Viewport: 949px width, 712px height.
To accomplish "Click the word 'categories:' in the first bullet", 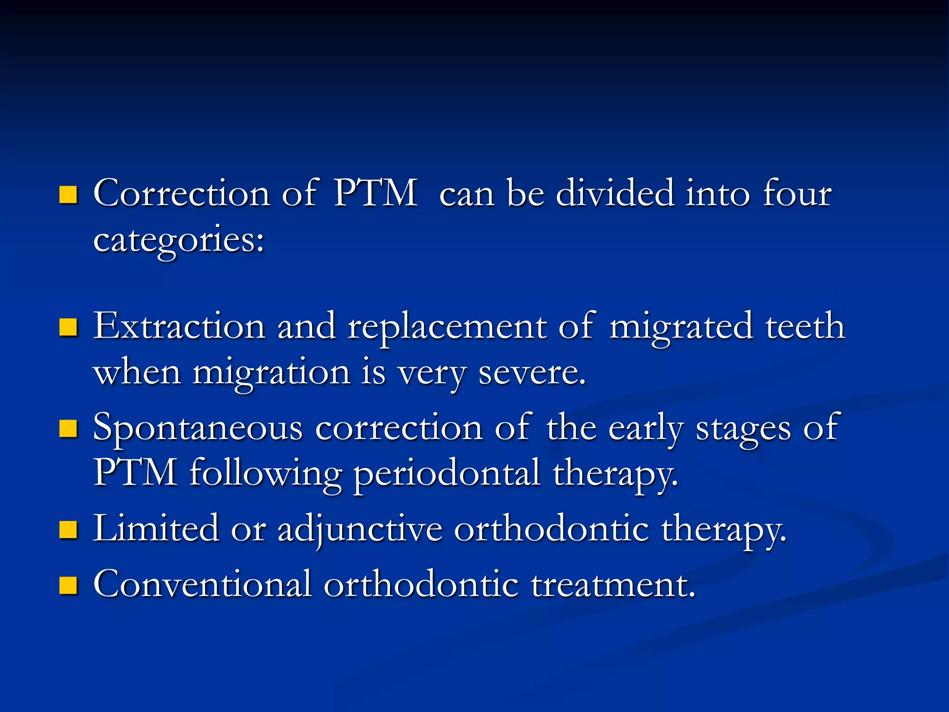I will tap(179, 240).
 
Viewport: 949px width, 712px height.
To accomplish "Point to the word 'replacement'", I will tap(447, 327).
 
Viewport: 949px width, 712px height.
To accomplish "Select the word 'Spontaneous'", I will tap(198, 428).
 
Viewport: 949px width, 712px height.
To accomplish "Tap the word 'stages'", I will tap(743, 428).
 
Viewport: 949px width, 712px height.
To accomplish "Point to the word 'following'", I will tap(266, 474).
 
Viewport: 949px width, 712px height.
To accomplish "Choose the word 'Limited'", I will tap(156, 528).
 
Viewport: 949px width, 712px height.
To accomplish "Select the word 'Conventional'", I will tap(202, 584).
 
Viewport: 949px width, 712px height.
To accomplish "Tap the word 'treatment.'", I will tap(613, 585).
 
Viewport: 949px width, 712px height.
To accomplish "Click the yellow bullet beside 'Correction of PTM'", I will tap(68, 195).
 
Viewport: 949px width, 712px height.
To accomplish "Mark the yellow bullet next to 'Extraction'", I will tap(68, 327).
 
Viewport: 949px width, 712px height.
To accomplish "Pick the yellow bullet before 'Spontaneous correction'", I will tap(68, 429).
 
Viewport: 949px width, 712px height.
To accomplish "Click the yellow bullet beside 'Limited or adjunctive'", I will tap(68, 530).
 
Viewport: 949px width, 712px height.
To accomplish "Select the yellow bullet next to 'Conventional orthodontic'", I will tap(68, 585).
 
